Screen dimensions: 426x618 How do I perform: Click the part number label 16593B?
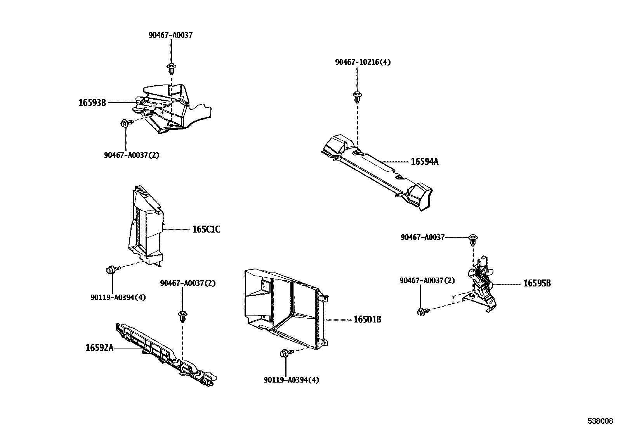pos(92,103)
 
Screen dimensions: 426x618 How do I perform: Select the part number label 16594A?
pos(424,162)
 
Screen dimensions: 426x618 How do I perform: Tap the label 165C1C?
pos(206,229)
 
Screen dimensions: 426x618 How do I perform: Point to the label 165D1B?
pos(367,320)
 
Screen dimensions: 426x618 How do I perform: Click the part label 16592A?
pos(99,348)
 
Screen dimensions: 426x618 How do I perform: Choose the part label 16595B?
pos(537,284)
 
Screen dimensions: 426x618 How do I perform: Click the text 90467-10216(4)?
pos(363,62)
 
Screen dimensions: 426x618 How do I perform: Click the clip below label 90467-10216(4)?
pos(356,96)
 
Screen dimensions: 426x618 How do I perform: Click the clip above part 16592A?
pos(182,316)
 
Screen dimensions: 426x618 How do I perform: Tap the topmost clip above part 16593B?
pos(170,69)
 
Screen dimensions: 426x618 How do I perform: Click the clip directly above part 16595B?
pos(473,240)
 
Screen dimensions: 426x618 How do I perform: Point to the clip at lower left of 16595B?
pos(422,311)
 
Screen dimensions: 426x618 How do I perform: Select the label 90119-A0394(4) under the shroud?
pos(291,380)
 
